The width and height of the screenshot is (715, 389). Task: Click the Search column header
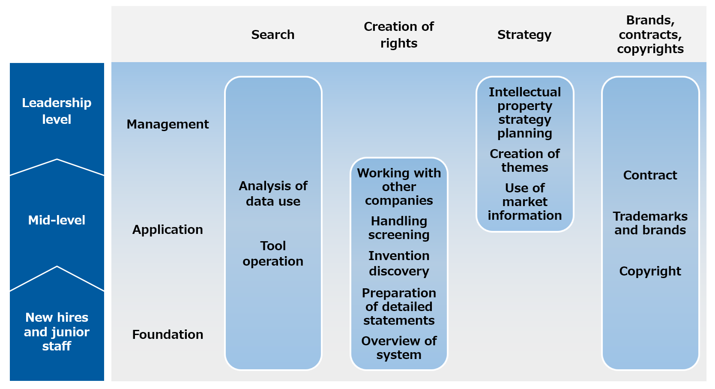tap(272, 34)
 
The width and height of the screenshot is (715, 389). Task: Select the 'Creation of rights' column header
tap(399, 34)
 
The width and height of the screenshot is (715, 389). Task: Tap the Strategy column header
tap(524, 35)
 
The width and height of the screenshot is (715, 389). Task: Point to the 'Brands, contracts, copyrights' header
tap(650, 34)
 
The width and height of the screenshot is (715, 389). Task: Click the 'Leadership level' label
tap(57, 111)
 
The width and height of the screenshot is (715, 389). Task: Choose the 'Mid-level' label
tap(57, 220)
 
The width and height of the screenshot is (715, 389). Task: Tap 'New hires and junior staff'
tap(57, 332)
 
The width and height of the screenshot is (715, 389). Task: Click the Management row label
tap(168, 124)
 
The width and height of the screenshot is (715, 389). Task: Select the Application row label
tap(168, 230)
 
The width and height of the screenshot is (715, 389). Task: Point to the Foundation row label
tap(168, 335)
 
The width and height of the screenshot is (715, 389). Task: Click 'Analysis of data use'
tap(273, 193)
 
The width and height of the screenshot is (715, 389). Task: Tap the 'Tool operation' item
tap(273, 253)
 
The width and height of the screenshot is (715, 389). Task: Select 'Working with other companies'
tap(399, 187)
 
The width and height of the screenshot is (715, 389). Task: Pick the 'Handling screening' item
tap(399, 228)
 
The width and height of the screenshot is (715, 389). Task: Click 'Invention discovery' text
tap(399, 263)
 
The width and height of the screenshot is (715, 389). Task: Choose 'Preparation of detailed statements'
tap(399, 306)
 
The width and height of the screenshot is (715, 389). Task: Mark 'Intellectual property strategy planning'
tap(525, 113)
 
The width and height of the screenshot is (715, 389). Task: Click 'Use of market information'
tap(525, 202)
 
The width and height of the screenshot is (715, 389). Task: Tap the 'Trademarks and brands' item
tap(650, 223)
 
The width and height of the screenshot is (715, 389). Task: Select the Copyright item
tap(650, 271)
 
